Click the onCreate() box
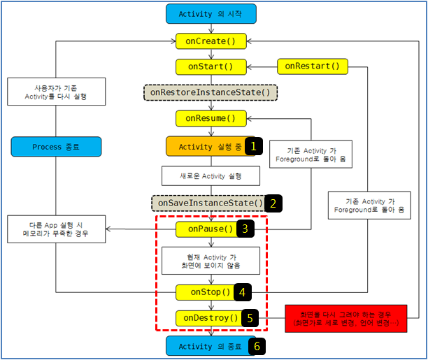(211, 41)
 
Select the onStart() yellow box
(211, 67)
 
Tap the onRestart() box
(313, 66)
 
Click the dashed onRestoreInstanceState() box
(211, 92)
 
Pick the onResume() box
(211, 118)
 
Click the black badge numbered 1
(254, 146)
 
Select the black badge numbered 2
(273, 203)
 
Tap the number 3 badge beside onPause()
(245, 229)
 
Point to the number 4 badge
(243, 292)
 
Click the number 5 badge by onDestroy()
(250, 318)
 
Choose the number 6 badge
(257, 346)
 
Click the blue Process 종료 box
(56, 147)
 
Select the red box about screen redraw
(346, 319)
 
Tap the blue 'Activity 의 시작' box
(211, 14)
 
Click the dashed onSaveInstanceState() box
(208, 203)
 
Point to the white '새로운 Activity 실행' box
(211, 176)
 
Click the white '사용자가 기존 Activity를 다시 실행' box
(56, 92)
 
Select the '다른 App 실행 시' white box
(56, 229)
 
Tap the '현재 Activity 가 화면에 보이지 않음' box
(211, 261)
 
